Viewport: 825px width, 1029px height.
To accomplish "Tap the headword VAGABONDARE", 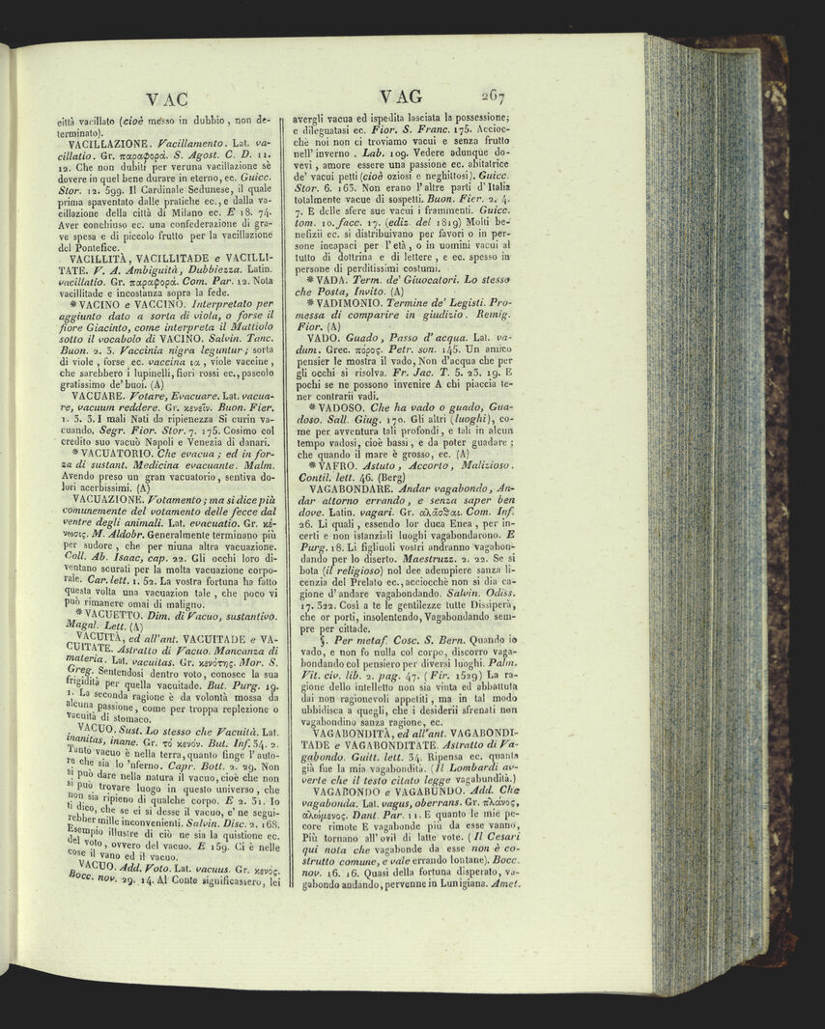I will (361, 504).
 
